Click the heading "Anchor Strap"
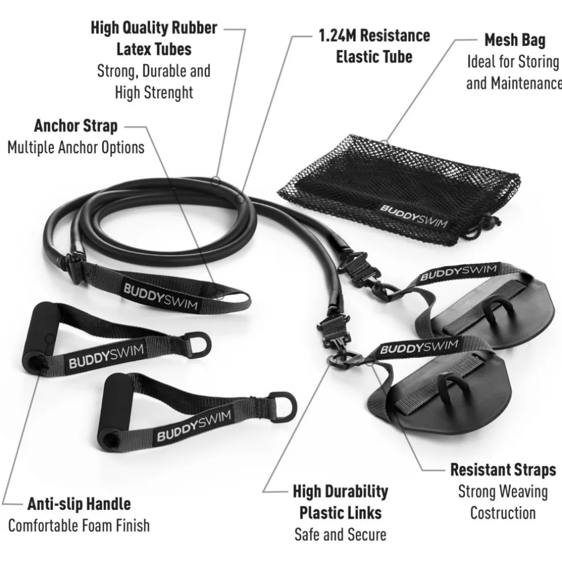[x=76, y=126]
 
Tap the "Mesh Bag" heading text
[x=515, y=40]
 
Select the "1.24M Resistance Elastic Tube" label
[x=374, y=46]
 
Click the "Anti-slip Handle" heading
[x=79, y=504]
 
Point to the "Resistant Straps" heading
[x=504, y=470]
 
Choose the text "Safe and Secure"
[x=341, y=534]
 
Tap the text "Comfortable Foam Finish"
[x=79, y=526]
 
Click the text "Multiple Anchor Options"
[x=76, y=148]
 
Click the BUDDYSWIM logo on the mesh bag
[x=414, y=216]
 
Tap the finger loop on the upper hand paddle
[x=494, y=310]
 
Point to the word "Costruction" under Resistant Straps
[x=503, y=513]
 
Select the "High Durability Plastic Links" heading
[x=341, y=502]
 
